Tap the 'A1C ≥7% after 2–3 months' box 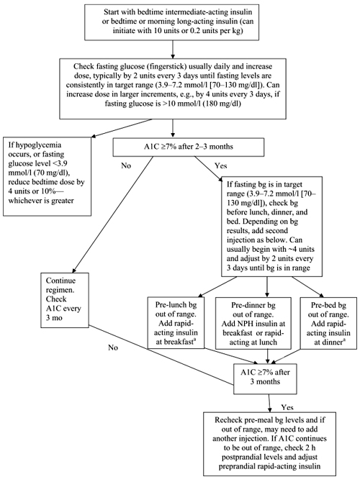click(189, 147)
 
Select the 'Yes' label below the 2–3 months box click(220, 166)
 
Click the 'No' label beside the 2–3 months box click(126, 165)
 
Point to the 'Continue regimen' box click(65, 300)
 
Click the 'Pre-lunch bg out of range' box click(176, 323)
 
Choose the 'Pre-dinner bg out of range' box click(253, 323)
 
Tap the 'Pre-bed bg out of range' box click(328, 323)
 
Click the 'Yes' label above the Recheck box click(287, 408)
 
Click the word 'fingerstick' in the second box click(166, 67)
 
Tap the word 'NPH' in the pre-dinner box click(243, 324)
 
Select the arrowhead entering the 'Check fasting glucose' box click(173, 56)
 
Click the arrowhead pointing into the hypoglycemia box click(94, 137)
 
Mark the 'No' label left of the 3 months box click(113, 347)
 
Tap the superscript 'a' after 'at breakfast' click(194, 340)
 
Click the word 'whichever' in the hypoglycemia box click(22, 201)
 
